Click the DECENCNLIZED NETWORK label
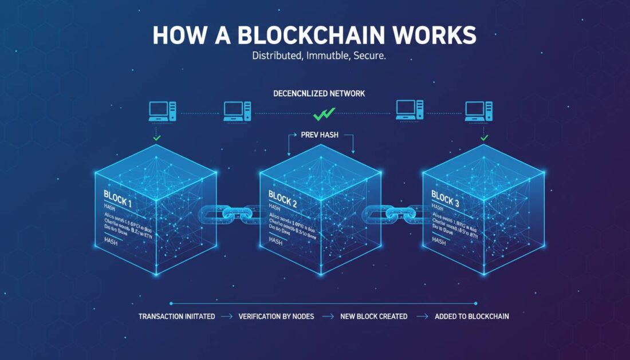coord(320,93)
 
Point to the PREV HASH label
coord(320,136)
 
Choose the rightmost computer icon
coord(479,110)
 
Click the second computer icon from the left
coord(237,110)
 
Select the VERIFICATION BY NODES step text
coord(276,316)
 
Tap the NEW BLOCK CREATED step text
coord(373,316)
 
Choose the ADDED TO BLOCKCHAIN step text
coord(471,316)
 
